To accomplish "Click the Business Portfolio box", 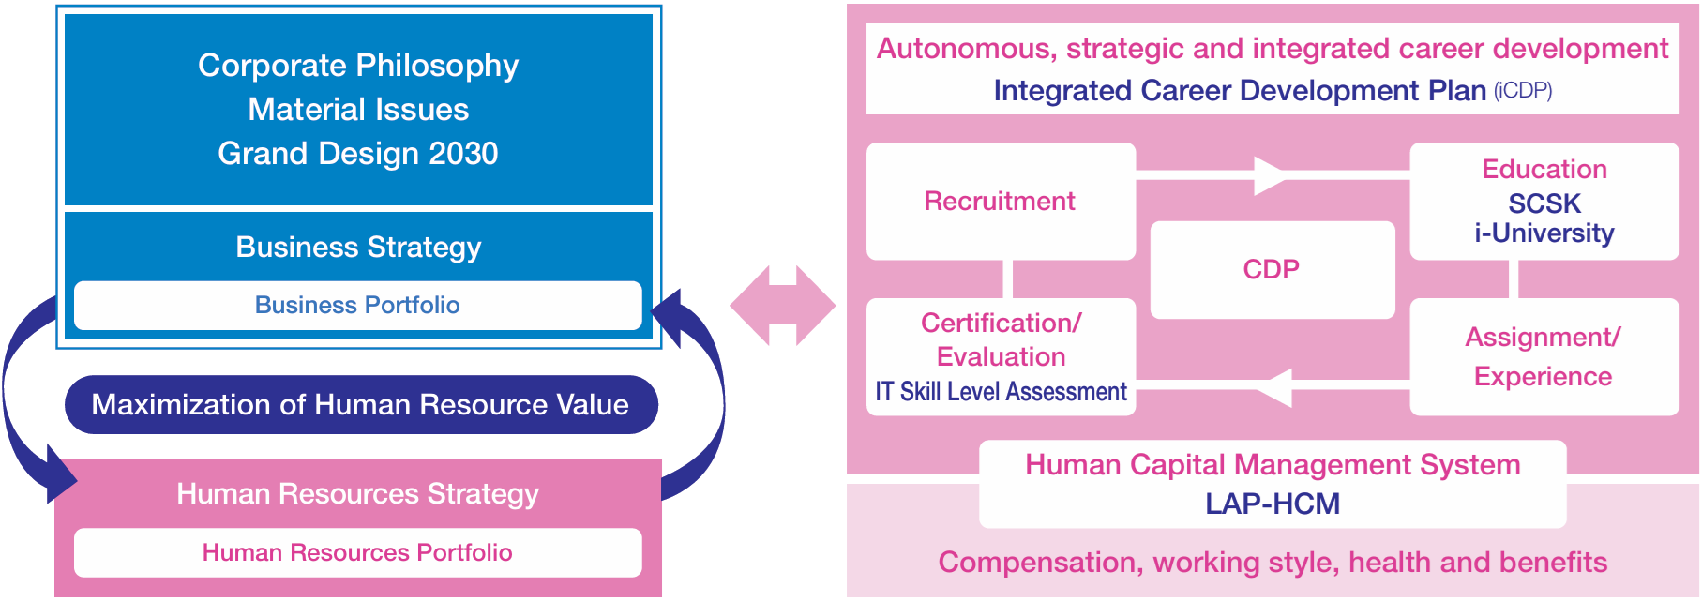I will click(x=357, y=306).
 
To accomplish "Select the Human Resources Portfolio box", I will click(x=357, y=552).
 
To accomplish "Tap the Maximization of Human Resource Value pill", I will click(x=360, y=405).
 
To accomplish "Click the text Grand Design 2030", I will click(x=357, y=154).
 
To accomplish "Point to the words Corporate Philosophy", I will click(x=357, y=66).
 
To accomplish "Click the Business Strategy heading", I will click(x=357, y=247).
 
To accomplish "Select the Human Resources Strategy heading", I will click(x=357, y=494).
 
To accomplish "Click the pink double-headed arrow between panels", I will click(x=782, y=306).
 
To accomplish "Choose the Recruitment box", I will click(x=1000, y=201).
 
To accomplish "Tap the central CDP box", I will click(x=1271, y=270).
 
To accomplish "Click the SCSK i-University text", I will click(x=1544, y=218).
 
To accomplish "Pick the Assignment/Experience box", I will click(x=1544, y=356).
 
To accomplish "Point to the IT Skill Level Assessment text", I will click(x=1001, y=392).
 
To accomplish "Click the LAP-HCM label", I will click(x=1272, y=504).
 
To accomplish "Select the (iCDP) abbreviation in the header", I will click(x=1523, y=91).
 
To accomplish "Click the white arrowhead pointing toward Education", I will click(x=1270, y=176).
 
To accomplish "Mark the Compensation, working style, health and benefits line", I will click(x=1272, y=563).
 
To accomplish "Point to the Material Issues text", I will click(x=357, y=110).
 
